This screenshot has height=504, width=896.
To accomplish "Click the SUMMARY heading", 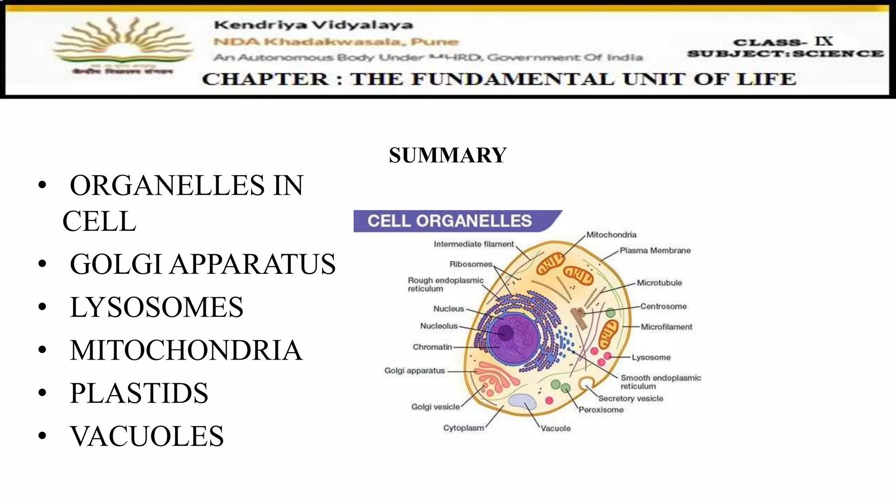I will (448, 155).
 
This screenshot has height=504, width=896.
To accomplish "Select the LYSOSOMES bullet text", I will (156, 307).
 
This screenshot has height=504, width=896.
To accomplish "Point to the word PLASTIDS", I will (139, 393).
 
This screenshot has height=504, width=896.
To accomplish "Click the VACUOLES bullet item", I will (147, 436).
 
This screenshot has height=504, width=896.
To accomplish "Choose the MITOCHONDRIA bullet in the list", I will (186, 350).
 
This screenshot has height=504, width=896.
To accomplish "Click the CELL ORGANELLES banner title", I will (449, 221).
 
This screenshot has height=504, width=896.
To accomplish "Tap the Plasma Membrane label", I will (655, 250).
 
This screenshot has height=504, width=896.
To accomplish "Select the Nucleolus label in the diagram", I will (439, 326).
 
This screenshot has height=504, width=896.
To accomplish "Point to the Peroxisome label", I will (601, 410).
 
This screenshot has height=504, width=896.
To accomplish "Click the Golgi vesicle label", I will (435, 407).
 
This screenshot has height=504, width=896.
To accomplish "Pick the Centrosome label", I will (663, 306).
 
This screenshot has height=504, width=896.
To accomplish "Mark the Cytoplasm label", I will (463, 428).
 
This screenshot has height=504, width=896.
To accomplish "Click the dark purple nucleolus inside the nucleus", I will (506, 332).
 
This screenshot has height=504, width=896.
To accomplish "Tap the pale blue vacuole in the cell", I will (522, 402).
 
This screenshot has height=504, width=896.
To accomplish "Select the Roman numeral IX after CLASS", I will (824, 42).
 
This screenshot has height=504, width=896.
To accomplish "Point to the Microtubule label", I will (659, 283).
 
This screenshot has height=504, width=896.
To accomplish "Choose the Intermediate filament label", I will (473, 244).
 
